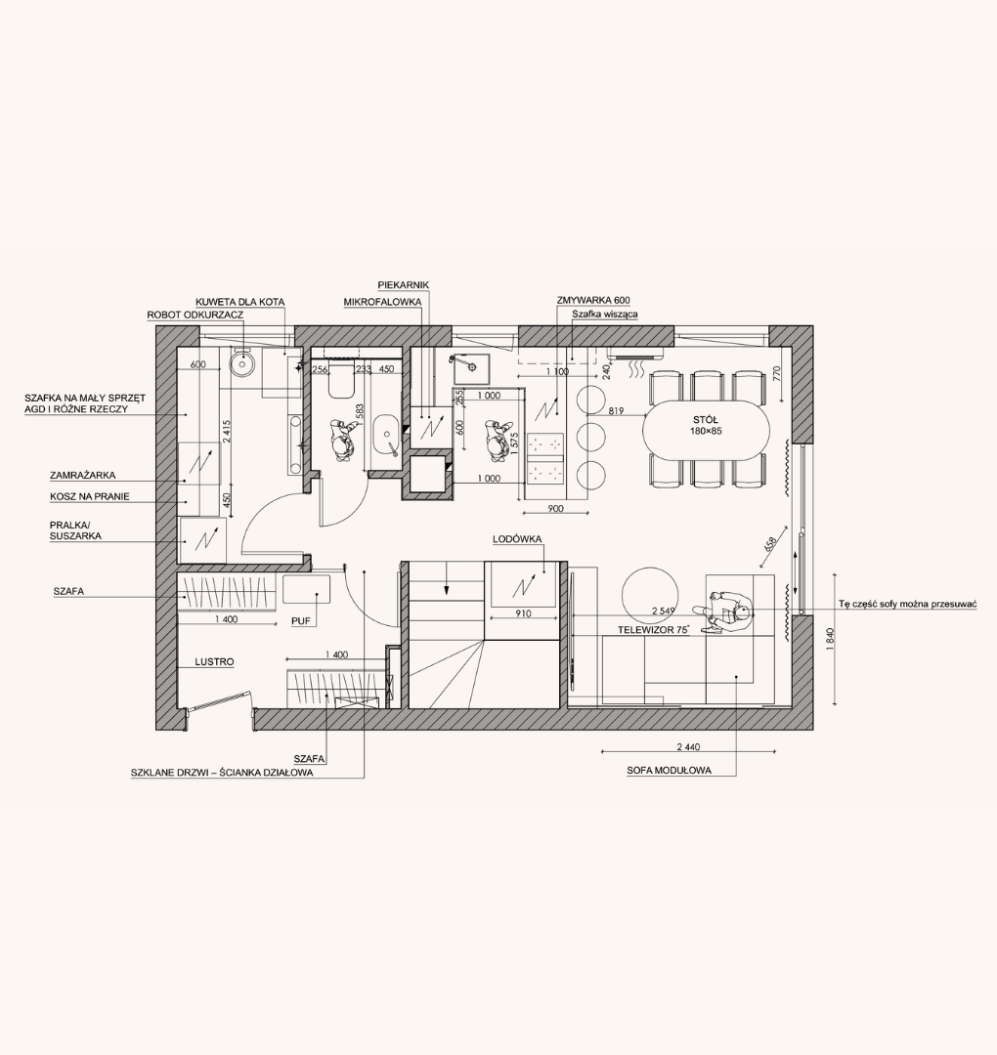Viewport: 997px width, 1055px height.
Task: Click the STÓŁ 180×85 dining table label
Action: tap(706, 425)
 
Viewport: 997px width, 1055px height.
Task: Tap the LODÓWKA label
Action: tap(517, 539)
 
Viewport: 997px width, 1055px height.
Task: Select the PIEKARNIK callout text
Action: tap(404, 285)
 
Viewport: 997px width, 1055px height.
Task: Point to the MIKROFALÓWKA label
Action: tap(382, 302)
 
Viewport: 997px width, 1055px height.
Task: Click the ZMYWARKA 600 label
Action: tap(593, 301)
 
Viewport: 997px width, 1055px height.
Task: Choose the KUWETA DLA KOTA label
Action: tap(240, 302)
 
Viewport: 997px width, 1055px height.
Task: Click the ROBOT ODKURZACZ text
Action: tap(195, 315)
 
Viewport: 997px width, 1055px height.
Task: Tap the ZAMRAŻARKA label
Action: tap(83, 475)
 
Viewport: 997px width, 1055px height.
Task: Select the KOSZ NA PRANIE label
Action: tap(90, 497)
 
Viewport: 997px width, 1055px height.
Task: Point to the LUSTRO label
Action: tap(215, 662)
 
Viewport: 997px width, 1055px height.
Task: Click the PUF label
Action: tap(301, 621)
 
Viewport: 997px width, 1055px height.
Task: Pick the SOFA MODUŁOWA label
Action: tap(670, 771)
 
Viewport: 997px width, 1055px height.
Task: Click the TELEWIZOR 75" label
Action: tap(654, 630)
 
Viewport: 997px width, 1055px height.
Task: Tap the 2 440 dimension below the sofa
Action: tap(688, 747)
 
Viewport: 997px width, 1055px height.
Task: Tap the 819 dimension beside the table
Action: tap(615, 410)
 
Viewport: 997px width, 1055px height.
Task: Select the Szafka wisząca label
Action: tap(605, 315)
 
